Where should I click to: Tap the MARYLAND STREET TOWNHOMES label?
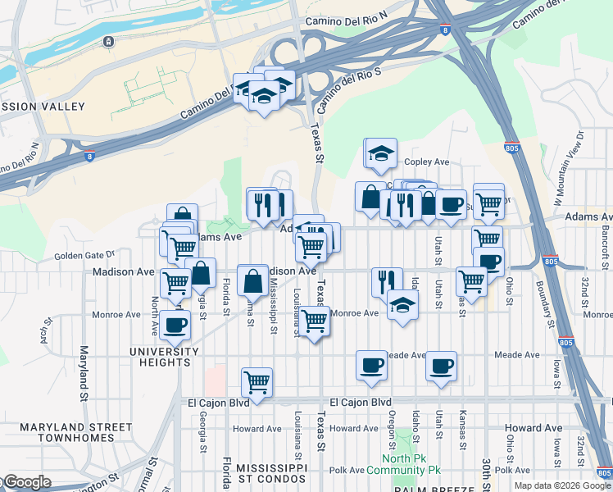(x=75, y=432)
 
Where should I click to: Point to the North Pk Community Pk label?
(x=411, y=464)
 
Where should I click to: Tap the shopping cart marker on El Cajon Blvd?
(x=257, y=382)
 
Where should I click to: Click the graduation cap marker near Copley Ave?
(x=380, y=153)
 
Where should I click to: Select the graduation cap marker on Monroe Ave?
(x=402, y=305)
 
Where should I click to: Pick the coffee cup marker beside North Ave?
(x=175, y=325)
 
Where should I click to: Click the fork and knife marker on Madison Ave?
(x=386, y=281)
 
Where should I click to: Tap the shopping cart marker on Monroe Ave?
(x=315, y=321)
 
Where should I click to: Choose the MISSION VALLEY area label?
(x=41, y=107)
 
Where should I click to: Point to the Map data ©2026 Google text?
(x=562, y=485)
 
